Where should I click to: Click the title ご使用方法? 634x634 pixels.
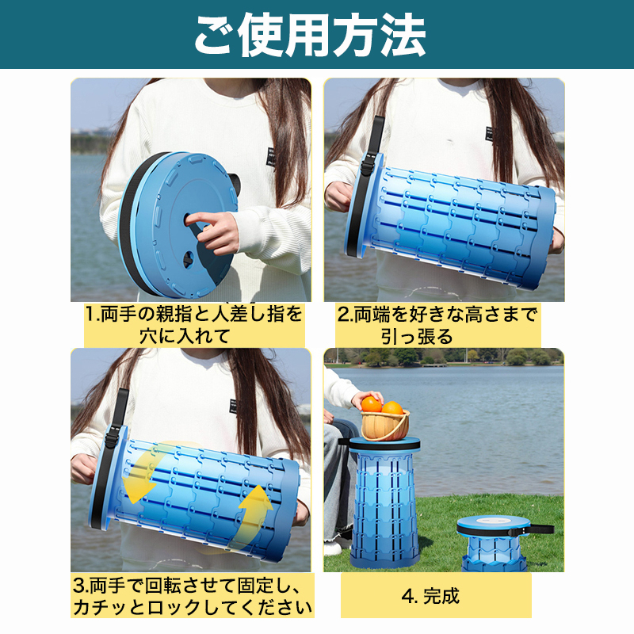pos(310,36)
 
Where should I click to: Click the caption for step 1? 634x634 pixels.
pos(193,325)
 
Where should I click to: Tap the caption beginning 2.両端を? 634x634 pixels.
pos(437,325)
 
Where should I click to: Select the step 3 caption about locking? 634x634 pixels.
pos(193,596)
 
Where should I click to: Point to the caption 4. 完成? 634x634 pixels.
pos(430,596)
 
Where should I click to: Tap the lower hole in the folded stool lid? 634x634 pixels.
pos(189,259)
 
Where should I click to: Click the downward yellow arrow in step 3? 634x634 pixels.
pos(143,473)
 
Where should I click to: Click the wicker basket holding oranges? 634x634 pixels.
pos(385,426)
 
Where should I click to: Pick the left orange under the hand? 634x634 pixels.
pos(371,404)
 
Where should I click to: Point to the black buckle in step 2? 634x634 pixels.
pos(369,163)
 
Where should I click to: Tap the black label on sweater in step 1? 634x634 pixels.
pos(271,157)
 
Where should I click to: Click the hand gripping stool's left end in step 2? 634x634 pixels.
pos(339,197)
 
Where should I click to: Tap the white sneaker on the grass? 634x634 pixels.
pos(331,548)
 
